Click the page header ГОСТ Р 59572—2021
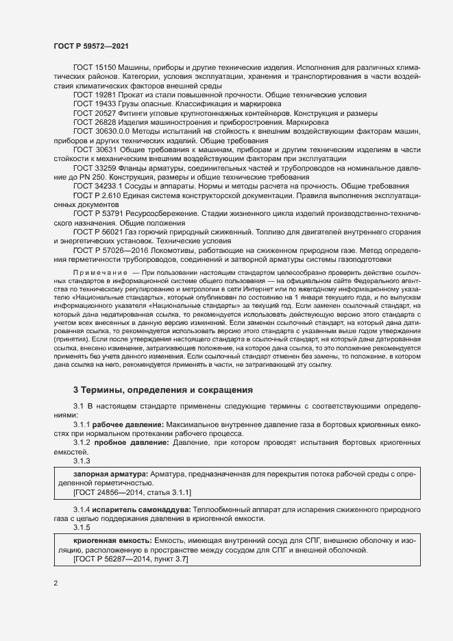point(90,46)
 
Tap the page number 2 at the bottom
point(56,583)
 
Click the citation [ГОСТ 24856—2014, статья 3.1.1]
point(132,492)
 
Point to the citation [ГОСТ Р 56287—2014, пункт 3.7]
point(130,560)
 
